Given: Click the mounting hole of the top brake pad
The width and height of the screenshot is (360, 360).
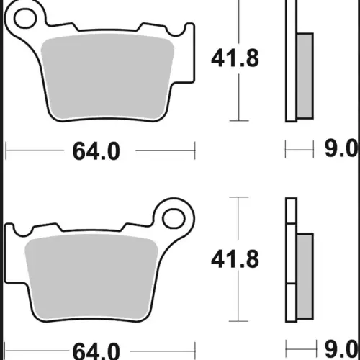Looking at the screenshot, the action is (x=25, y=19).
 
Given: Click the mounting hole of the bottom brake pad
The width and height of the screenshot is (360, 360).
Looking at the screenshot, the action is (x=174, y=219).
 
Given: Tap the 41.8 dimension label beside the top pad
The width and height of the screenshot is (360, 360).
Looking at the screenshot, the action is (x=235, y=58).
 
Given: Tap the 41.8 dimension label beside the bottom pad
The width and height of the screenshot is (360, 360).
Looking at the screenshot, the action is (x=235, y=259).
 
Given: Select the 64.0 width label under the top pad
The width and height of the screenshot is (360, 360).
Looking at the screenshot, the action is (x=96, y=151).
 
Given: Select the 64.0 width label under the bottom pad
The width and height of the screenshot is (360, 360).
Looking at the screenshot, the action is (x=96, y=351).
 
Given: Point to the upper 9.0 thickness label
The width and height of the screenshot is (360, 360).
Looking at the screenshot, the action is (x=341, y=148).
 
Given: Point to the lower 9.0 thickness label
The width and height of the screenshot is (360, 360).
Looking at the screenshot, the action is (x=341, y=348).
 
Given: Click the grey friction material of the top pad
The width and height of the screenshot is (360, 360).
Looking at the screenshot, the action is (x=107, y=77).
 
